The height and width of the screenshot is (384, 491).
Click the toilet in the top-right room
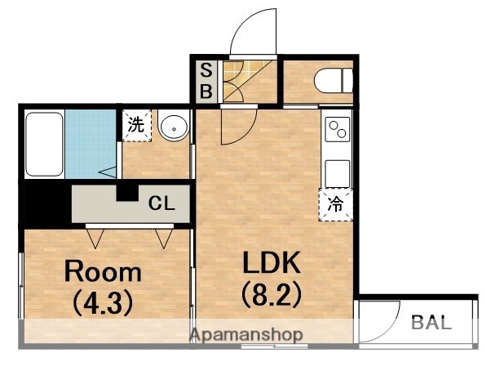coord(334,81)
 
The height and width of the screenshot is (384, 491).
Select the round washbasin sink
coord(172,127)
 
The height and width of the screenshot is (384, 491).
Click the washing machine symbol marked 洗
coord(137,126)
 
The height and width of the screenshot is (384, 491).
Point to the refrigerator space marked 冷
coord(336,204)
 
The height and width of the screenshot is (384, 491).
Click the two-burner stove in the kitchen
coord(337,129)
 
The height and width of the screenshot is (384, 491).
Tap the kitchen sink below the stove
coord(337,172)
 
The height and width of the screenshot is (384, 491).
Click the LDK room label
coord(272,263)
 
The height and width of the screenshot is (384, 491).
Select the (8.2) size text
coord(272,293)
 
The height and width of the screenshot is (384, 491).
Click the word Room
coord(103,271)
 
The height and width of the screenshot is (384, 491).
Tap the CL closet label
coord(161,204)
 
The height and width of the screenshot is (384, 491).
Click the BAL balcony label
coord(431,321)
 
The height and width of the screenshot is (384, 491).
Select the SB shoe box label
coord(206,81)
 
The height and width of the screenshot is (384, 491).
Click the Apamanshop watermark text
coord(246,335)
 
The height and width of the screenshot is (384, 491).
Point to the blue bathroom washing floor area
coord(90,143)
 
